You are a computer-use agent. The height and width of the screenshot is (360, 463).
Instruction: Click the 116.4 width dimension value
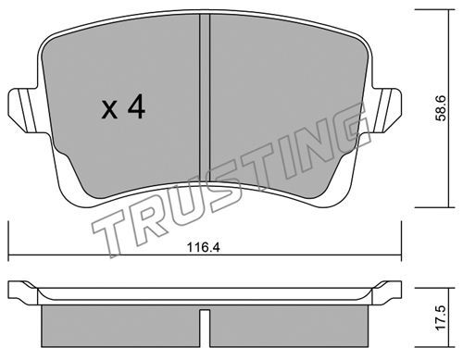(204, 247)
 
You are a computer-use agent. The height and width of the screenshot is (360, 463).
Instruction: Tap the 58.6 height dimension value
(441, 108)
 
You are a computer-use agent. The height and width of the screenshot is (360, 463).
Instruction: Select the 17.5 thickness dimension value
(441, 318)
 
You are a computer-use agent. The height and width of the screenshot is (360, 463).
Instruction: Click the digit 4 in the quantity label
(137, 106)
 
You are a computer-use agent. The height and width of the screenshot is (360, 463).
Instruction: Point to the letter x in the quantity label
(109, 110)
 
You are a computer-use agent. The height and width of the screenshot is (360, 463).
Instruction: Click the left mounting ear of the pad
(26, 110)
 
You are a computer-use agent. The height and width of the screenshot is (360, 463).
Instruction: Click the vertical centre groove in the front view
(205, 98)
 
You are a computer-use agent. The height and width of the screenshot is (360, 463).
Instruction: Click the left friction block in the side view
(120, 326)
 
